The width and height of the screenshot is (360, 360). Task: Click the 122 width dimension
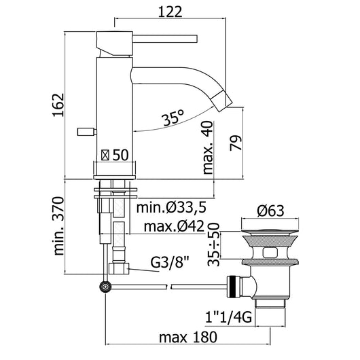pos(170,12)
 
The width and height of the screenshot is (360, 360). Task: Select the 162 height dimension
pos(58,105)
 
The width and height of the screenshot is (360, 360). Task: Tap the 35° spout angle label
pos(173,118)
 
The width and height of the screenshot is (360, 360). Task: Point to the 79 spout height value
pos(236,143)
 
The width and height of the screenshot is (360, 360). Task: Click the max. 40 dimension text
pos(208,147)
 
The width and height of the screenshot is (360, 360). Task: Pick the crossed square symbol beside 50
pos(105,155)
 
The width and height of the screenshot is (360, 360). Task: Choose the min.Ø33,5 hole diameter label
pos(171,207)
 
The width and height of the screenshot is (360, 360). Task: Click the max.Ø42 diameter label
pos(174,226)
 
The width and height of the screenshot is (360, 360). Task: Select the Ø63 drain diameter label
pos(270,211)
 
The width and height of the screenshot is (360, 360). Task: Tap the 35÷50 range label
pos(213,245)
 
